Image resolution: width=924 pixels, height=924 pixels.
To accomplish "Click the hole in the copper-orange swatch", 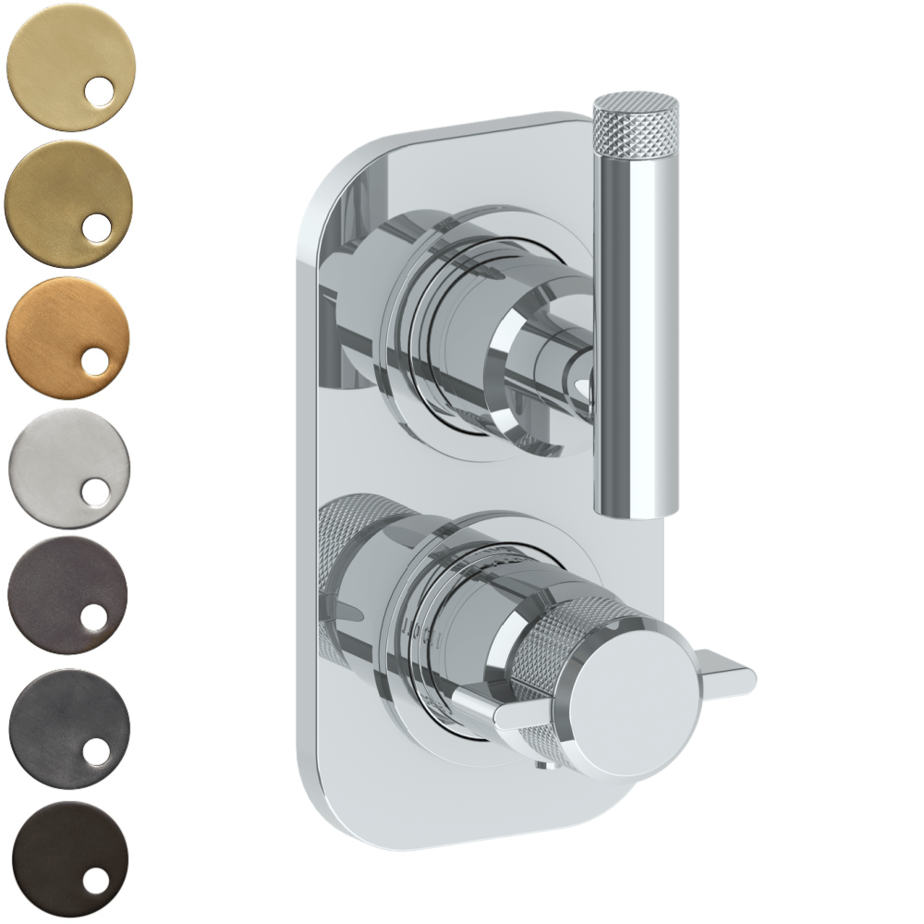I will point(95,362).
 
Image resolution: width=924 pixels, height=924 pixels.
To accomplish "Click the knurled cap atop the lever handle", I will point(636,121).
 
